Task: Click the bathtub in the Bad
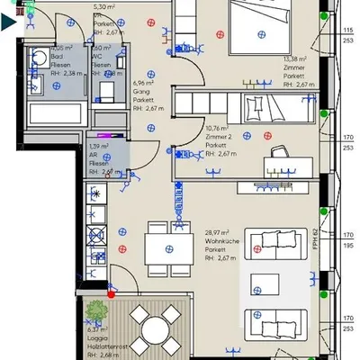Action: [53, 115]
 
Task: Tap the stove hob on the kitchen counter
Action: [95, 236]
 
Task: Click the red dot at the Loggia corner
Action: [111, 292]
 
